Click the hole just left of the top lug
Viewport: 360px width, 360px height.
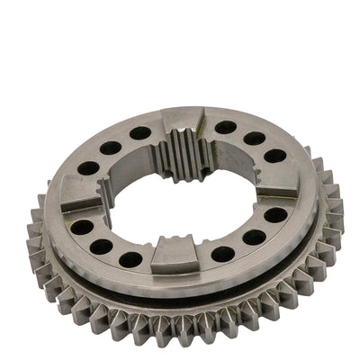(x=140, y=133)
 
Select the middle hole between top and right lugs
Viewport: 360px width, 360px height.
(x=256, y=139)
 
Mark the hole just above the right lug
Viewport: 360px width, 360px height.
(x=274, y=156)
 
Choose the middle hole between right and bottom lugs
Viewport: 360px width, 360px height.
(x=254, y=238)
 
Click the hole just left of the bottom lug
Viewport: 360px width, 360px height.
(x=131, y=259)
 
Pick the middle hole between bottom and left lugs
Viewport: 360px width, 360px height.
(x=103, y=245)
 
